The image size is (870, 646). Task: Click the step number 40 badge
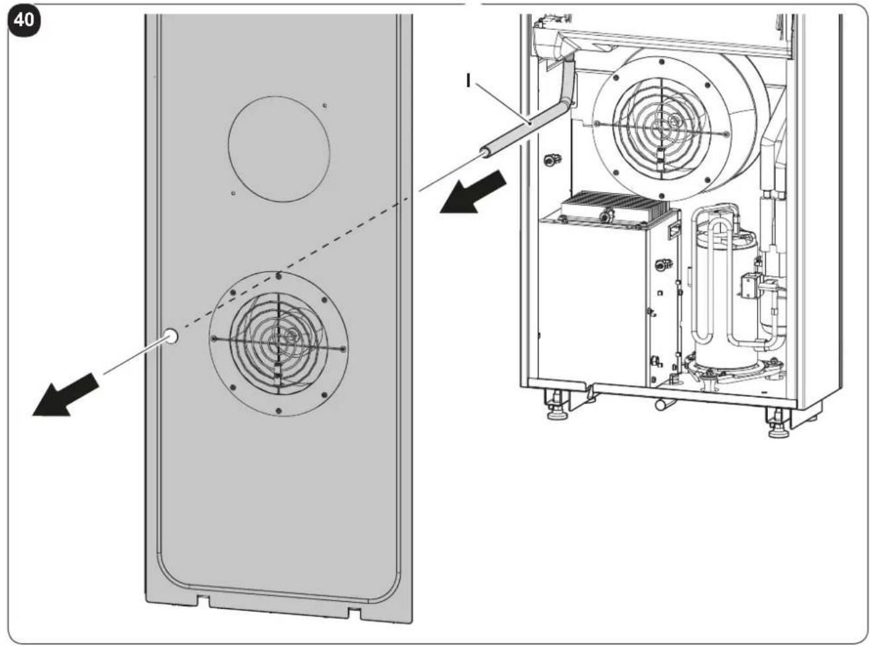[24, 19]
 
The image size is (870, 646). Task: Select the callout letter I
[468, 80]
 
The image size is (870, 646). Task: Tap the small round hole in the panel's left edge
[170, 336]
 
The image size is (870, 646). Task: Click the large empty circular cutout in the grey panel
[279, 149]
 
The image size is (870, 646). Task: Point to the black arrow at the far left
[66, 394]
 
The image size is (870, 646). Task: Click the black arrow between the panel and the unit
[473, 191]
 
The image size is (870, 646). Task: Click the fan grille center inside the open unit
[662, 128]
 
